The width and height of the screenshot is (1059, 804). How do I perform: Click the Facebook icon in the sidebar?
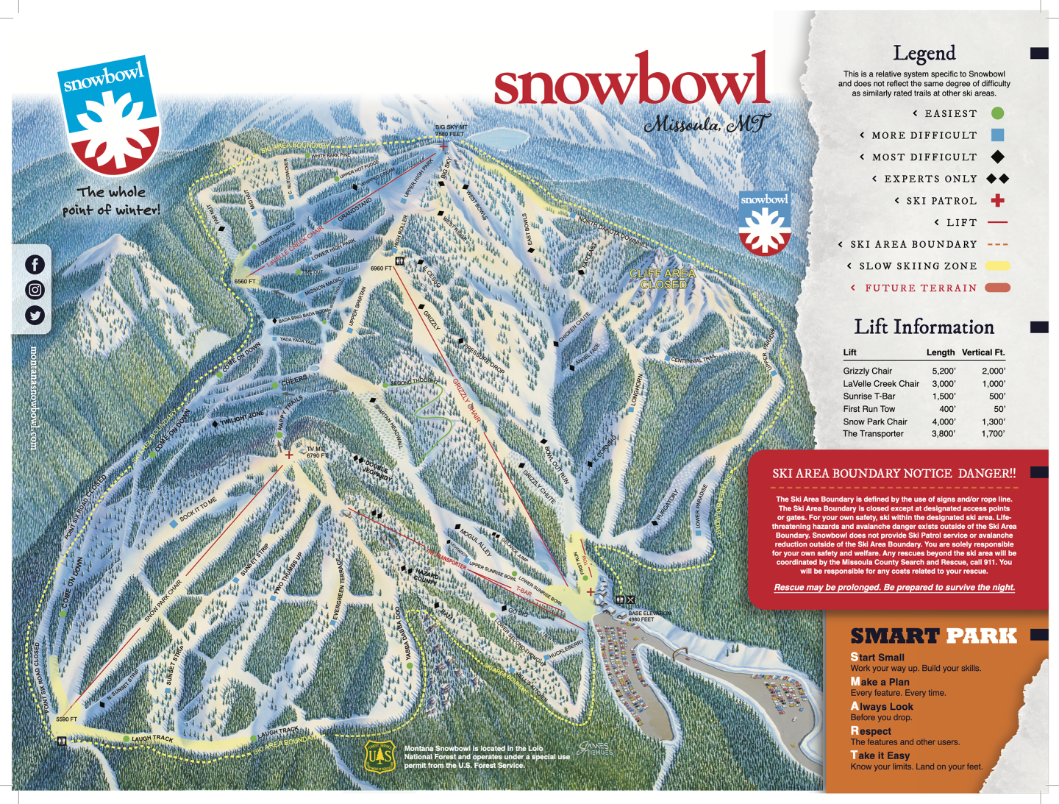(35, 265)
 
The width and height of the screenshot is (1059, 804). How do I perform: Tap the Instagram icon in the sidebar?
(35, 290)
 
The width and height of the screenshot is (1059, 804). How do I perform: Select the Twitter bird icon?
(35, 316)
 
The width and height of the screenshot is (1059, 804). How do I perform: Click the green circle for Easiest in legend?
(997, 113)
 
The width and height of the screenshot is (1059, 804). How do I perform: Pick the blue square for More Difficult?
(997, 135)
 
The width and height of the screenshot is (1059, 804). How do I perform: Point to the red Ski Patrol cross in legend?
(997, 200)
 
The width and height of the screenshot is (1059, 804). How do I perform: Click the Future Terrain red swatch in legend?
(997, 288)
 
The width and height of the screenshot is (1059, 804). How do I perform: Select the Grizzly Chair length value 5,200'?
(943, 371)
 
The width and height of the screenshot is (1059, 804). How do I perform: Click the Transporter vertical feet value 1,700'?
(993, 434)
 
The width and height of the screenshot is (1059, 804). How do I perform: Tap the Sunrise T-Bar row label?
(869, 396)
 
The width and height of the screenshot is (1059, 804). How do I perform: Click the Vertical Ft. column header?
(983, 352)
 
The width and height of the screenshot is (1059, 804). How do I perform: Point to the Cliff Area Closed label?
(663, 279)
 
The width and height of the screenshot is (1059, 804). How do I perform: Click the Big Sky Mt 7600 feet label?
(451, 131)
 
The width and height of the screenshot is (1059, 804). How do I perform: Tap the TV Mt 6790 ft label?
(317, 452)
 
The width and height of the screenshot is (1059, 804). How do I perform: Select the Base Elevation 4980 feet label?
(649, 616)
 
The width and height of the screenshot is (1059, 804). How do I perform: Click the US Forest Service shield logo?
(379, 755)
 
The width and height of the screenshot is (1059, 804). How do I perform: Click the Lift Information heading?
(924, 327)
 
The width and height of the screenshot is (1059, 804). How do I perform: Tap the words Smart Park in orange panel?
(933, 636)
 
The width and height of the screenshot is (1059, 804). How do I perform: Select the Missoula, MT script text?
(707, 124)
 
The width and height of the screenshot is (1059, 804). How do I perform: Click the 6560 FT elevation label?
(245, 282)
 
